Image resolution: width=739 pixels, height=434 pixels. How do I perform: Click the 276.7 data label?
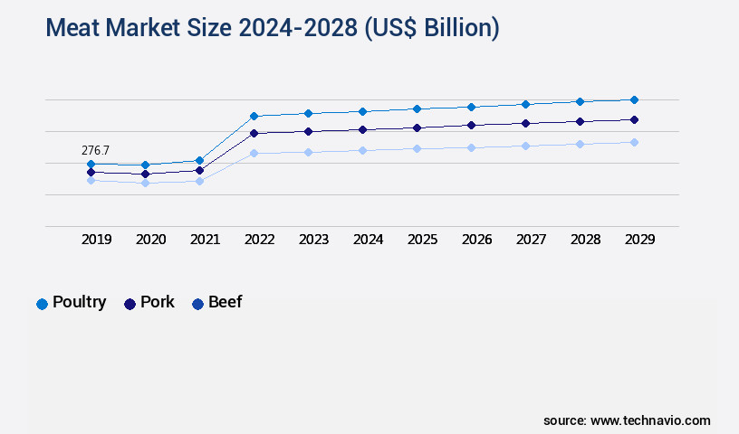(96, 150)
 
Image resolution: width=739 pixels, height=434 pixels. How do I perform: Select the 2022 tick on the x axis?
(259, 240)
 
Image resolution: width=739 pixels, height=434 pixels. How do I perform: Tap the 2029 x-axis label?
(639, 240)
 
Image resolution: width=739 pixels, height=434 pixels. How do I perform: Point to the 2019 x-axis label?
(96, 240)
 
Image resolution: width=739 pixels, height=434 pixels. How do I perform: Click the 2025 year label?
(422, 240)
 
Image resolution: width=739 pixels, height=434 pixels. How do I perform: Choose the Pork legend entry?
(149, 303)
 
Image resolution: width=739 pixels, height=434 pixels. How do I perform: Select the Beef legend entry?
(216, 303)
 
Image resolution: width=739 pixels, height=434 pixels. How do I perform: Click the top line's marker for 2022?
(254, 116)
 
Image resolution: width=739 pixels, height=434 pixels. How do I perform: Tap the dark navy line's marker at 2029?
(634, 119)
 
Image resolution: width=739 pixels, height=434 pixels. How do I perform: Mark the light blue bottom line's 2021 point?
(199, 181)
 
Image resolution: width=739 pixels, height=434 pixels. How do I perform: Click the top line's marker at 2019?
(91, 164)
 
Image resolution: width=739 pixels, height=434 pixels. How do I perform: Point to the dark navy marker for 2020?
(145, 174)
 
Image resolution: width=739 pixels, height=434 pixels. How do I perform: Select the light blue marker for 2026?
(471, 147)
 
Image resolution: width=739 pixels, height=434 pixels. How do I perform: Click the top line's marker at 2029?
(634, 99)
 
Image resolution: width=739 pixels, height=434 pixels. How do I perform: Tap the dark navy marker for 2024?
(362, 129)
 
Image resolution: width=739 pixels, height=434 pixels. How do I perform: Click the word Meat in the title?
(75, 29)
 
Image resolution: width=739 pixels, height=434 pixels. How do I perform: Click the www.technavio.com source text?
(650, 420)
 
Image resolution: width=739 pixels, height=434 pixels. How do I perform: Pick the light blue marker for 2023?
(308, 152)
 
